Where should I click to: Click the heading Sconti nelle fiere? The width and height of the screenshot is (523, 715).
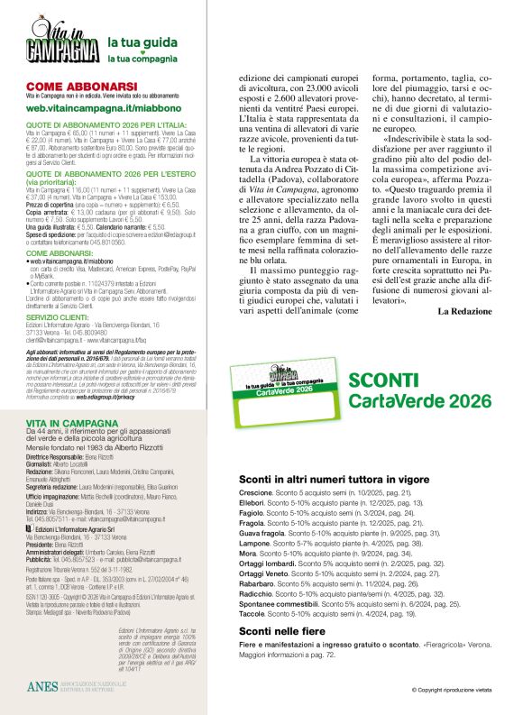point(281,631)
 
